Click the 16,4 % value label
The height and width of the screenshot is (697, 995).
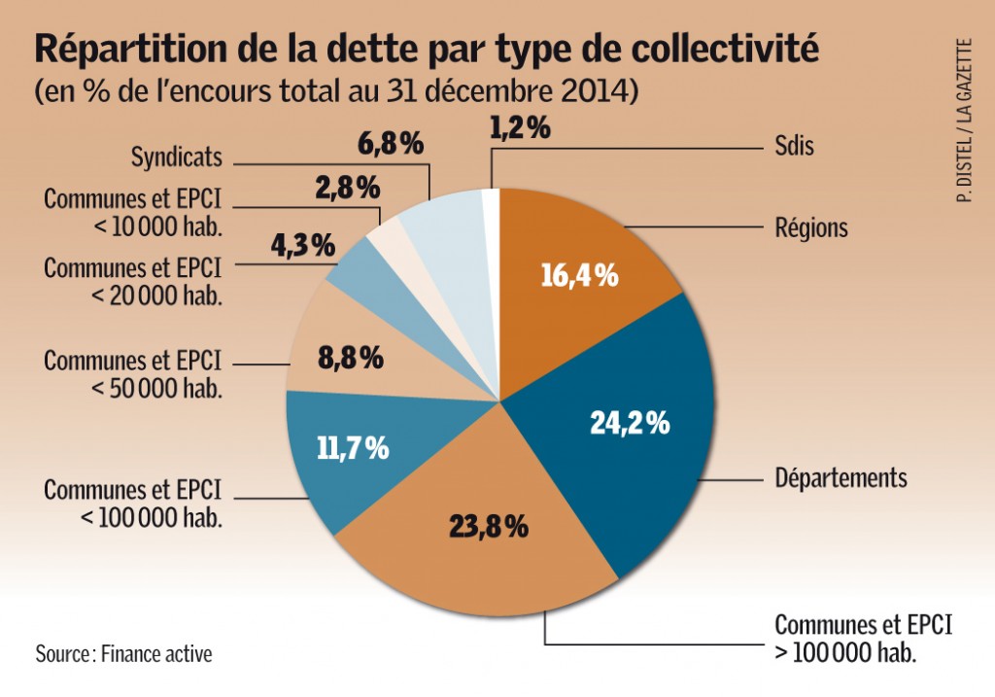point(579,275)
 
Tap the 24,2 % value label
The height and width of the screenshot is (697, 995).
point(631,423)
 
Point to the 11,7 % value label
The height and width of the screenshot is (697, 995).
point(353,447)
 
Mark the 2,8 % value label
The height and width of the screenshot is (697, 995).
point(347,188)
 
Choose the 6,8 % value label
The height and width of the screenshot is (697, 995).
point(392,145)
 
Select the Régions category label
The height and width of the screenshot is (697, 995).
point(810,228)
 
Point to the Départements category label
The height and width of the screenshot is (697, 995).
point(841,478)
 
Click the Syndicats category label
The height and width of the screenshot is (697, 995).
point(177,157)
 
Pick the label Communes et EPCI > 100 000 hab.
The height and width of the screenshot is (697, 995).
point(863,637)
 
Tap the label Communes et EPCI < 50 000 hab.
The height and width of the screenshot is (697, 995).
point(133,374)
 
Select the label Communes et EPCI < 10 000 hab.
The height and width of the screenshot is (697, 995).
point(133,212)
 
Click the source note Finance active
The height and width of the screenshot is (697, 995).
point(123,653)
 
